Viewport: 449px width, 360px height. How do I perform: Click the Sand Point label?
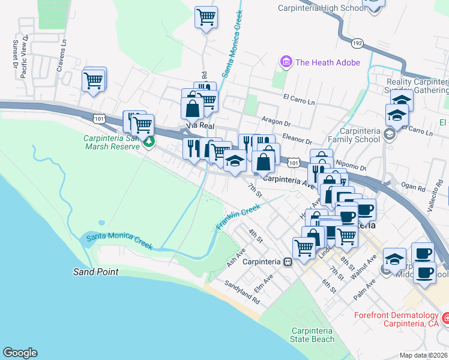pyautogui.click(x=96, y=272)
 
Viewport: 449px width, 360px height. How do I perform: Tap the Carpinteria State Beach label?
pyautogui.click(x=313, y=335)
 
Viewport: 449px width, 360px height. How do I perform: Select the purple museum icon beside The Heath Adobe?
pyautogui.click(x=285, y=62)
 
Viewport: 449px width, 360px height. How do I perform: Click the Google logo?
pyautogui.click(x=19, y=353)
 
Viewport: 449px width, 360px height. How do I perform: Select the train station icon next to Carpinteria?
pyautogui.click(x=288, y=262)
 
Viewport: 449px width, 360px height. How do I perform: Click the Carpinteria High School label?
pyautogui.click(x=321, y=8)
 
